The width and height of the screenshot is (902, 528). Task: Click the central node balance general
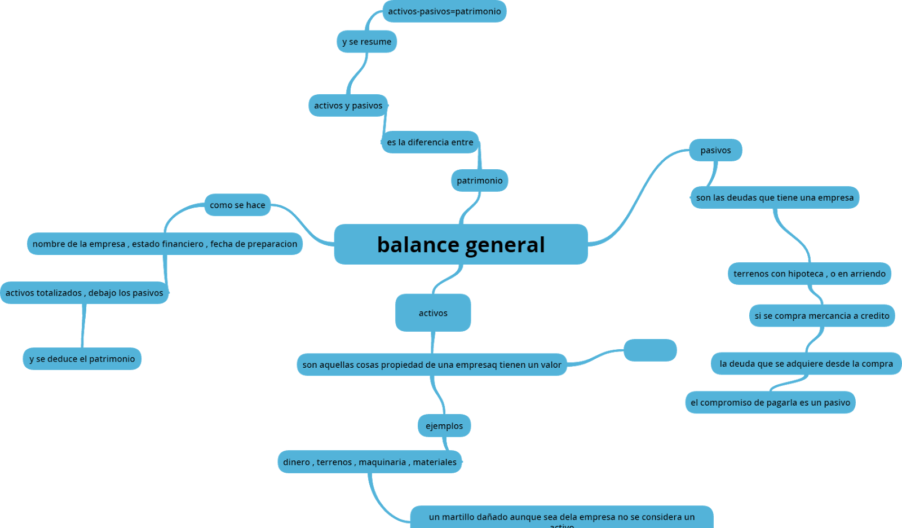461,244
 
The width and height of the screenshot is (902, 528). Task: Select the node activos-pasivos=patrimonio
444,11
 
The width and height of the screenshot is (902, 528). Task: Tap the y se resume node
366,42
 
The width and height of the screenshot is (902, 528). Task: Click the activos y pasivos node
348,105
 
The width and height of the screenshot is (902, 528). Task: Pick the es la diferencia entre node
430,142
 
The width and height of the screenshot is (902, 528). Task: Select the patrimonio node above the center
479,181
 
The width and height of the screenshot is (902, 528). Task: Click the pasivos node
715,150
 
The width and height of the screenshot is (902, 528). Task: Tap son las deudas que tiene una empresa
775,197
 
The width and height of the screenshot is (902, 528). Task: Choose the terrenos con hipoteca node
809,274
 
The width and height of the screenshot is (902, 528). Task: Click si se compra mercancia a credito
821,316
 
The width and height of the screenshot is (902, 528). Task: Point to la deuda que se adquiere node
806,364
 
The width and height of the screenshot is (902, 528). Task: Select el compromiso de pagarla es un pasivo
770,403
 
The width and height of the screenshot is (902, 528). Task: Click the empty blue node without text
650,350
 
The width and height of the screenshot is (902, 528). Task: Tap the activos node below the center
433,313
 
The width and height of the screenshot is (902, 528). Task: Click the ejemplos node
444,426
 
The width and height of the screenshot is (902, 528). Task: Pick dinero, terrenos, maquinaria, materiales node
370,462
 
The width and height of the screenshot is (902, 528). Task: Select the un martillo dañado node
561,517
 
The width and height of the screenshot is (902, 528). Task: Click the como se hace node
237,205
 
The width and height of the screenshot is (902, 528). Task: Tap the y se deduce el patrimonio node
82,359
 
